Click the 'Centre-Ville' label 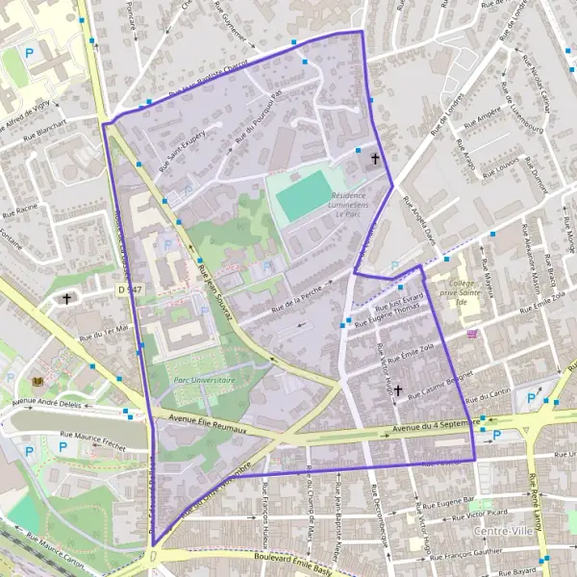click(x=503, y=530)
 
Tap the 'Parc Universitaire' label click(x=203, y=380)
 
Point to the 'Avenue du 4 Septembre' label click(x=437, y=423)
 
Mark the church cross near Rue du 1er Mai click(x=67, y=299)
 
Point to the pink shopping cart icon click(x=471, y=334)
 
